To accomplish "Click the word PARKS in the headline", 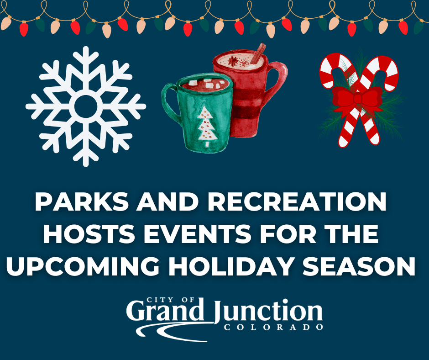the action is pos(82,201).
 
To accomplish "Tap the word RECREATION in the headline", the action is pos(297,201).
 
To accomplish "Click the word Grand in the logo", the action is pos(165,312).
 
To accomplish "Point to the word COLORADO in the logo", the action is pos(273,327).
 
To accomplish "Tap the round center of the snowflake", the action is pos(86,106).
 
